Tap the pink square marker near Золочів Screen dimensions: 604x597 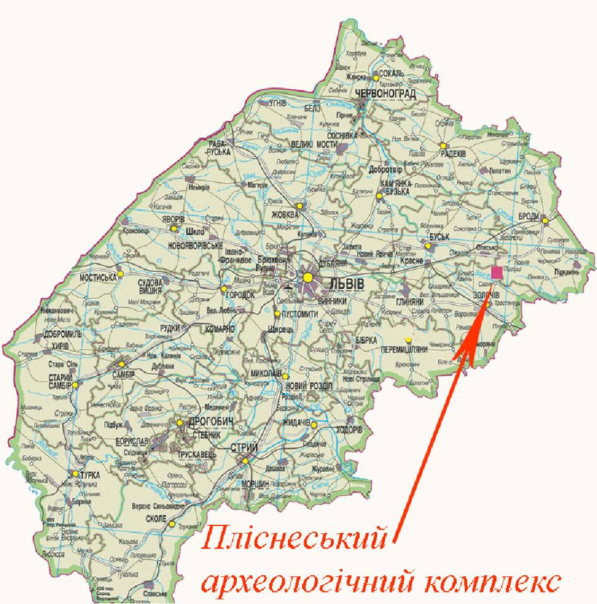497,272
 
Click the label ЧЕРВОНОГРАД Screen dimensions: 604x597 385,94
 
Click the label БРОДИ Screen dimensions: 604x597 528,216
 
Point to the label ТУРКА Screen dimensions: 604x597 90,475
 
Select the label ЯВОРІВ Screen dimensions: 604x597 173,220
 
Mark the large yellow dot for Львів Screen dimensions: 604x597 307,277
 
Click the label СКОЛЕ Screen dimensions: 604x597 155,518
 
